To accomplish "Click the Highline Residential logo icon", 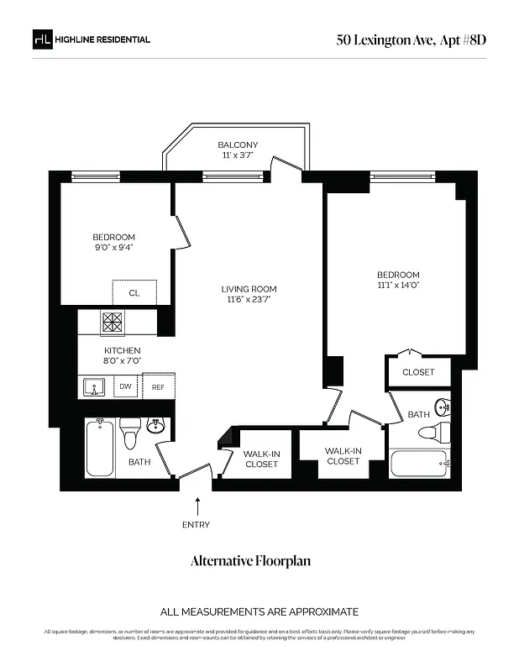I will click(x=42, y=39).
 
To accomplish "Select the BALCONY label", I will click(x=238, y=144).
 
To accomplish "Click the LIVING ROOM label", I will click(x=251, y=289).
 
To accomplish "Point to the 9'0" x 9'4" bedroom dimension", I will click(x=113, y=248).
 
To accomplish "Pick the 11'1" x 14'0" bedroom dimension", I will click(x=398, y=286).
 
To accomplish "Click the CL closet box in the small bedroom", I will click(x=134, y=293).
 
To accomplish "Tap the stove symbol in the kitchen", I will click(x=113, y=321).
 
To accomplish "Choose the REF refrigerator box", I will click(x=158, y=387).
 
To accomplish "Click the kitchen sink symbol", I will click(x=95, y=387).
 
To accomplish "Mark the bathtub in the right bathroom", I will click(x=419, y=463).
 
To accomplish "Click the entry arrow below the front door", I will click(x=198, y=505).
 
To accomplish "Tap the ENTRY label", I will click(x=197, y=525).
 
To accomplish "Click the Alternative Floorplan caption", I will click(x=250, y=560).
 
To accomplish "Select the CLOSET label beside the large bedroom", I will click(x=418, y=372).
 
